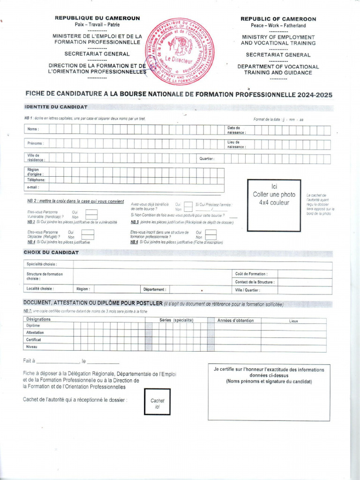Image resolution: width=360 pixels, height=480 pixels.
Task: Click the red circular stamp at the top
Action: tap(180, 52)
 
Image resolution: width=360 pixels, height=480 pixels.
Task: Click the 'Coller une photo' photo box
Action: tap(274, 205)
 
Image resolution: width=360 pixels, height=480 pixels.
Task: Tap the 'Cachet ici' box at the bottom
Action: tap(157, 402)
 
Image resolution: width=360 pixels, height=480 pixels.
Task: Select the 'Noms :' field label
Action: tap(33, 129)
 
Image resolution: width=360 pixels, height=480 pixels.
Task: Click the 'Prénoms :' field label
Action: tap(35, 143)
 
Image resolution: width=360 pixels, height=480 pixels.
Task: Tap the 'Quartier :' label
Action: tap(207, 158)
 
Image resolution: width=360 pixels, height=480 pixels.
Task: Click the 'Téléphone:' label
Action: tap(36, 180)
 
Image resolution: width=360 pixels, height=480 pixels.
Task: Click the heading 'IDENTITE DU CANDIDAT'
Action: tap(56, 107)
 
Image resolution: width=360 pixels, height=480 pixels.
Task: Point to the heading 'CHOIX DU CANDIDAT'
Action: tap(51, 252)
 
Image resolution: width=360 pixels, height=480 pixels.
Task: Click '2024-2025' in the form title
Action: tap(317, 95)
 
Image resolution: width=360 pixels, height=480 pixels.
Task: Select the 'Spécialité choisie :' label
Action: tap(42, 264)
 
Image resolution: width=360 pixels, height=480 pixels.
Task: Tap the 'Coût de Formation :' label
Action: tap(251, 274)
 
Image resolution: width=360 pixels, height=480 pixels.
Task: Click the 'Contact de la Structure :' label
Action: tap(255, 282)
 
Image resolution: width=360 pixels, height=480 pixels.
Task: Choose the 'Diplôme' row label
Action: tap(33, 325)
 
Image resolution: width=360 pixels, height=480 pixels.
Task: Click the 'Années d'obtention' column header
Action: tap(235, 321)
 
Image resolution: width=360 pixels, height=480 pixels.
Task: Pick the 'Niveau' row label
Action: tap(32, 347)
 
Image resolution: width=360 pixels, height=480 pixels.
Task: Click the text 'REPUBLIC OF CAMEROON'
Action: tap(278, 19)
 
